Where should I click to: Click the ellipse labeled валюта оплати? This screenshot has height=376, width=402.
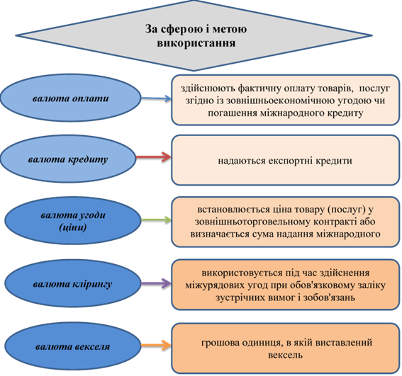70,98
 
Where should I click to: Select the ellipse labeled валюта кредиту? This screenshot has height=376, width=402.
68,159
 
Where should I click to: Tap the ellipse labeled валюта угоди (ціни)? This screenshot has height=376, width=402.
73,220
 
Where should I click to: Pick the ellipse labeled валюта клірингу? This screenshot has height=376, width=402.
73,283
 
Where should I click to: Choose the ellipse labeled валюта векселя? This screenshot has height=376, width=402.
73,346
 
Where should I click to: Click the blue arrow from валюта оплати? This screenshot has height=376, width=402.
156,98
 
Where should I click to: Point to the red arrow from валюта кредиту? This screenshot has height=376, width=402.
154,156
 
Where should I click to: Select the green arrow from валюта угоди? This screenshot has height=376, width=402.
156,220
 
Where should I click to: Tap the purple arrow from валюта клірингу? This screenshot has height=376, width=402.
156,283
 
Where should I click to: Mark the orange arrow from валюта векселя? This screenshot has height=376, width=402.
156,346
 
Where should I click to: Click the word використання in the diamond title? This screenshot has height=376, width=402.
196,42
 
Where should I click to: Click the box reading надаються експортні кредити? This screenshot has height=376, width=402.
285,160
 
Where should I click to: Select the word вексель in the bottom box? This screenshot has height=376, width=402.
285,355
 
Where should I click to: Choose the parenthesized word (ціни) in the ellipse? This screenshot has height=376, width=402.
73,227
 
